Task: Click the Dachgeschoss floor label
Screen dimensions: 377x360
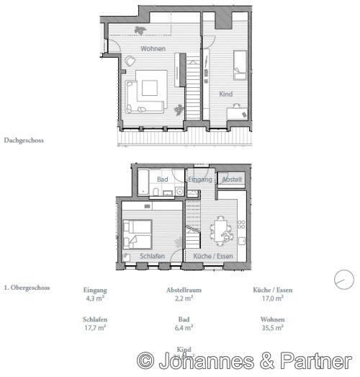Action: pos(24,141)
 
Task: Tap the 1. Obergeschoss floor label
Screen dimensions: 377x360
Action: pos(27,288)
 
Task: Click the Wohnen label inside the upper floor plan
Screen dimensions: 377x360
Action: pos(153,48)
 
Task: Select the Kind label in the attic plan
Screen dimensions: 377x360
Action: pos(225,94)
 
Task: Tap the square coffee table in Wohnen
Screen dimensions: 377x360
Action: pos(150,88)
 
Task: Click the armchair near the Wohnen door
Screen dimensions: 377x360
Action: pos(130,62)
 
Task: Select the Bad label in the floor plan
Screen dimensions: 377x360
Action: pos(163,179)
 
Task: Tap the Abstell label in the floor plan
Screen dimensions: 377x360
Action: pos(232,179)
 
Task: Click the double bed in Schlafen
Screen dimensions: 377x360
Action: pos(136,232)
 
